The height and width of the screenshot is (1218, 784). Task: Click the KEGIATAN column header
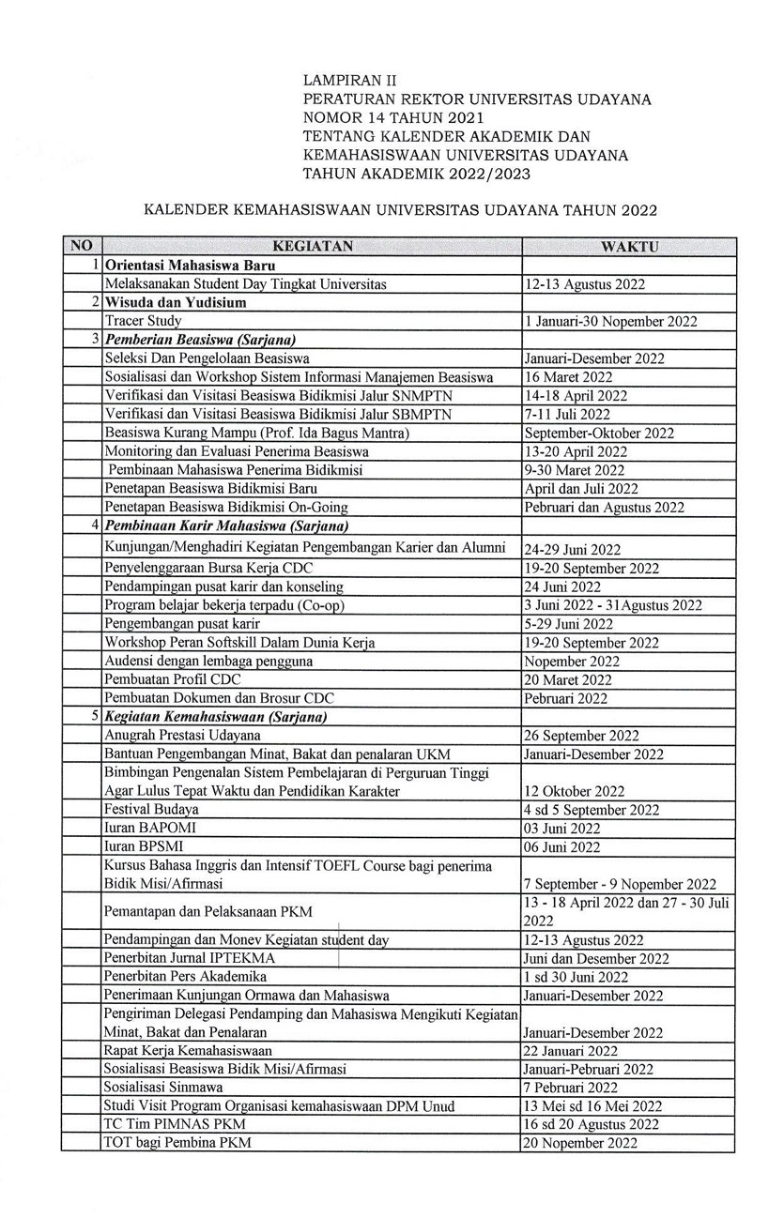click(312, 247)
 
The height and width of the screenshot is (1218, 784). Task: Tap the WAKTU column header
click(628, 247)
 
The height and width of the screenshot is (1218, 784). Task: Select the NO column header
click(82, 247)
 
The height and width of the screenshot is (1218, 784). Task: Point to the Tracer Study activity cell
click(143, 321)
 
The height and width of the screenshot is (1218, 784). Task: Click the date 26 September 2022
click(582, 736)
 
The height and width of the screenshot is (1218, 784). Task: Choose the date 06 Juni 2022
click(562, 847)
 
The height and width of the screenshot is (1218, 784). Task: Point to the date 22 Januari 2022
click(571, 1051)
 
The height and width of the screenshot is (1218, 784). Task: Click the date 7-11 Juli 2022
click(567, 414)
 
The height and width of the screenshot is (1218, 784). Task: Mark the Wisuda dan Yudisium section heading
click(176, 302)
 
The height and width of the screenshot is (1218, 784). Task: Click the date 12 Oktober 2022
click(575, 791)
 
